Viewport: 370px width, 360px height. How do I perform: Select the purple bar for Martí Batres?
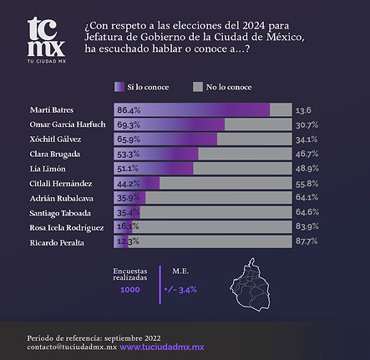coord(191,110)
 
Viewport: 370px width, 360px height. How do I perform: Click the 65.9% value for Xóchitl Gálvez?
coord(129,139)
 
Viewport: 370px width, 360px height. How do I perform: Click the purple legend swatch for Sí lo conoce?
coord(118,86)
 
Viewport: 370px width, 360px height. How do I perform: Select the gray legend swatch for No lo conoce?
coord(198,86)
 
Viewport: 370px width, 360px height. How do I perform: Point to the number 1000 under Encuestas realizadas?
coord(130,290)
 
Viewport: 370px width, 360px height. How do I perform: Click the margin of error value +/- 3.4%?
coord(180,290)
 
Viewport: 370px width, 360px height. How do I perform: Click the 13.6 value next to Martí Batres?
coord(304,110)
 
